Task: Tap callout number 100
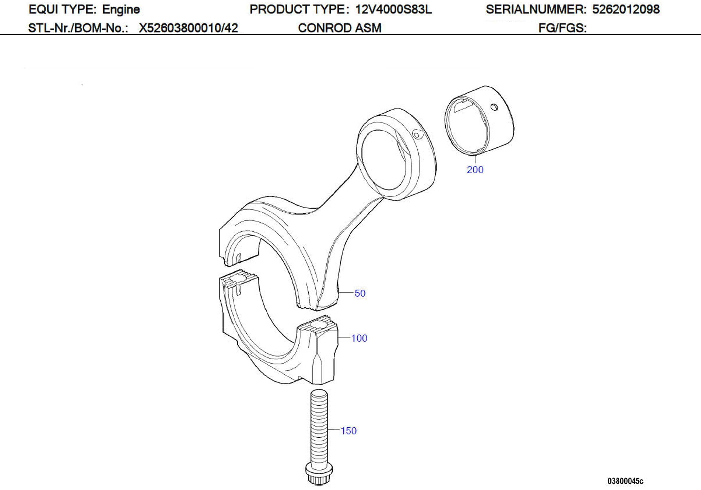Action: [359, 338]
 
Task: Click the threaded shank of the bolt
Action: [319, 427]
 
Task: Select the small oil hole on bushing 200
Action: [494, 107]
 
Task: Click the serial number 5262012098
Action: [626, 9]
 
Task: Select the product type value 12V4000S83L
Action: [393, 9]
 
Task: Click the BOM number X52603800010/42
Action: [188, 28]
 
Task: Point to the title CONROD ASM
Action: [339, 28]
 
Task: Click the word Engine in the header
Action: [121, 9]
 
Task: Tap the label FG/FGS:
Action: [562, 28]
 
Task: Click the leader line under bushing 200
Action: [476, 159]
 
